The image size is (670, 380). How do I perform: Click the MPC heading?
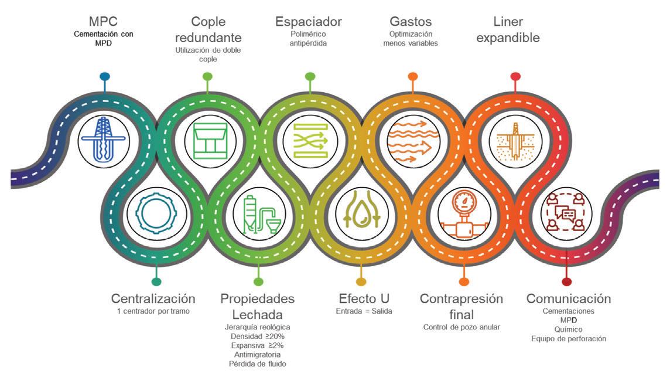tap(104, 21)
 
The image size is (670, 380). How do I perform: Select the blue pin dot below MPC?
tap(105, 76)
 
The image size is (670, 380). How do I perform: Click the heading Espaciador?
tap(309, 22)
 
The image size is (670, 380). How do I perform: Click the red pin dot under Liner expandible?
tap(515, 76)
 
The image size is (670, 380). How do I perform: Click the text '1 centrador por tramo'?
tap(153, 311)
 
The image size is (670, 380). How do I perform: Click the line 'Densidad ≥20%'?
tap(257, 336)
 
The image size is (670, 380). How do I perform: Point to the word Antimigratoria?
tap(257, 355)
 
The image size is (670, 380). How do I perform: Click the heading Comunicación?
tap(568, 298)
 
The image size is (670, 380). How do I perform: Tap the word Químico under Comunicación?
tap(568, 330)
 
